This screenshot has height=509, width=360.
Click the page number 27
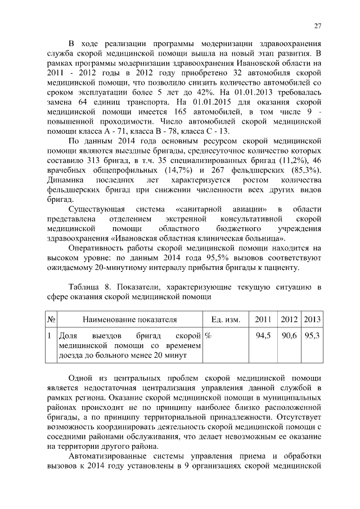317,25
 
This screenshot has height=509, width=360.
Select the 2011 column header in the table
263,319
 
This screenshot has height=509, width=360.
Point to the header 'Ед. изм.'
226,319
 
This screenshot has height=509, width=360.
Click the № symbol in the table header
51,319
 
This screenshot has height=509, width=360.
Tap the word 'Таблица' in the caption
85,287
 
